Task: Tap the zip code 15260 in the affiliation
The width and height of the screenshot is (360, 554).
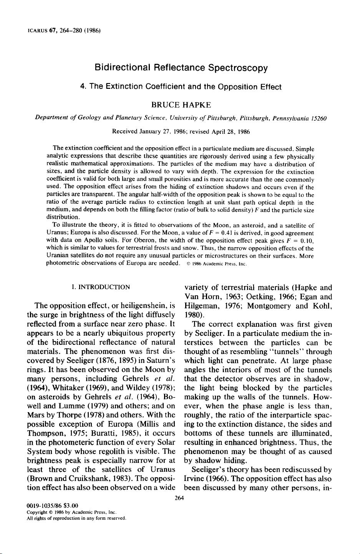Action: click(x=319, y=118)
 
